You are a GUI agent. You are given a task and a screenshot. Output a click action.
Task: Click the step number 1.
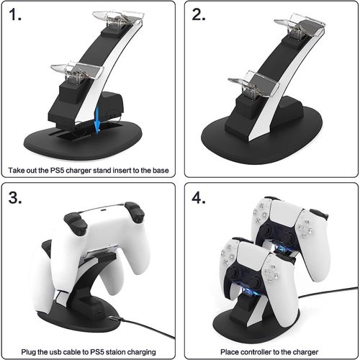(14, 14)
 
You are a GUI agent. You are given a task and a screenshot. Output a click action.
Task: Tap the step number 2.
(199, 14)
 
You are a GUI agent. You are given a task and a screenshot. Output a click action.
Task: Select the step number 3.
(15, 198)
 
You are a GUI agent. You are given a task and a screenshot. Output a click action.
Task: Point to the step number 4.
(199, 198)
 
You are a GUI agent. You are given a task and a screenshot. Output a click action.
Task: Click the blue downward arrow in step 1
(96, 120)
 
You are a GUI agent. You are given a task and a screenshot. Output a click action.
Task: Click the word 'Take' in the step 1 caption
(17, 170)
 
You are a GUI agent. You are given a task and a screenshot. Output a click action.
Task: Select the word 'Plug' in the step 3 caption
(29, 352)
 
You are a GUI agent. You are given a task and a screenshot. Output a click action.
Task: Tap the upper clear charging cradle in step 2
(300, 24)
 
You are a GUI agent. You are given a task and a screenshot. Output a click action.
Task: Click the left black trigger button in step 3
(76, 220)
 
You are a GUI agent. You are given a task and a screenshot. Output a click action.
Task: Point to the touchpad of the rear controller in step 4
(284, 213)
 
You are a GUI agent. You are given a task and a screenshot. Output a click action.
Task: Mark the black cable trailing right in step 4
(328, 292)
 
